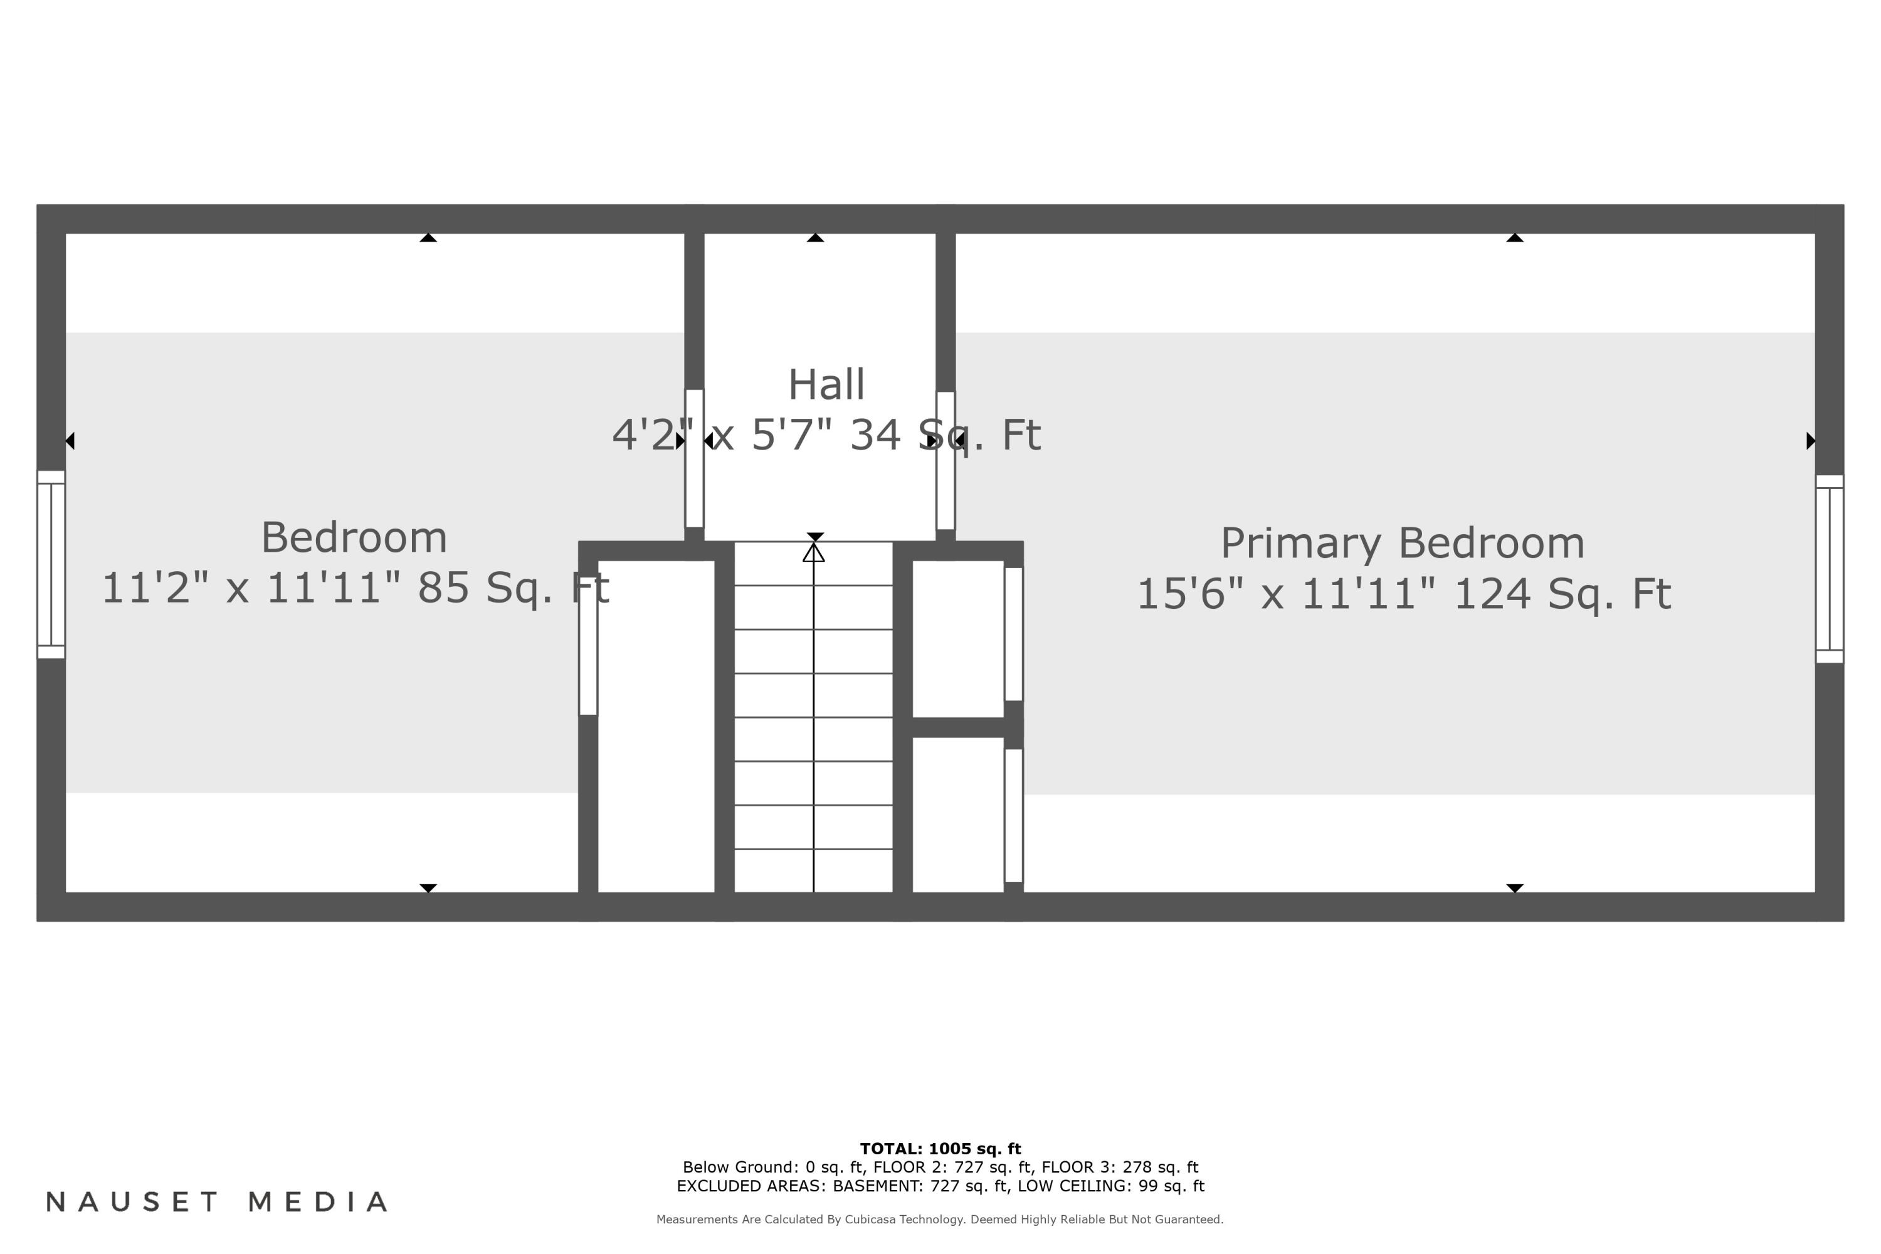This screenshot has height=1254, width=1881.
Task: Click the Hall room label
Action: tap(826, 385)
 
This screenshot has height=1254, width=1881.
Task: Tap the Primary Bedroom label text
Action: tap(1402, 544)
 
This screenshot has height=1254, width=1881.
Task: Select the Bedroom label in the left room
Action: tap(354, 537)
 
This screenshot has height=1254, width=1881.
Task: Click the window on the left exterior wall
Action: tap(51, 565)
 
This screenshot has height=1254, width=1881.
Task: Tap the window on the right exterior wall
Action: tap(1829, 569)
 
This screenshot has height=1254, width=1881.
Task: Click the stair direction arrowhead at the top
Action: tap(813, 552)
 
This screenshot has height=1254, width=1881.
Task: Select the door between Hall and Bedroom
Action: tap(694, 458)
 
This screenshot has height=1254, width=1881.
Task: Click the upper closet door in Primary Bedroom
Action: tap(1013, 633)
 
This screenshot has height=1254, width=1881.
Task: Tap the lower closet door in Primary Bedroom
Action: tap(1013, 815)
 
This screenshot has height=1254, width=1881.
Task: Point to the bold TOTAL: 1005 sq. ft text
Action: tap(940, 1149)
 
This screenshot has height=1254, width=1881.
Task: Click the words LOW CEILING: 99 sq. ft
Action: tap(1110, 1186)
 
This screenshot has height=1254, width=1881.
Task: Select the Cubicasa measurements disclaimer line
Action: tap(940, 1220)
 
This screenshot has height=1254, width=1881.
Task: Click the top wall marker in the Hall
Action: tap(815, 238)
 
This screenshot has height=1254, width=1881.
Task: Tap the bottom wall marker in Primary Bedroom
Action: tap(1515, 888)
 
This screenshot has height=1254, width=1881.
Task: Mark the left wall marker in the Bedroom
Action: tap(70, 441)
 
